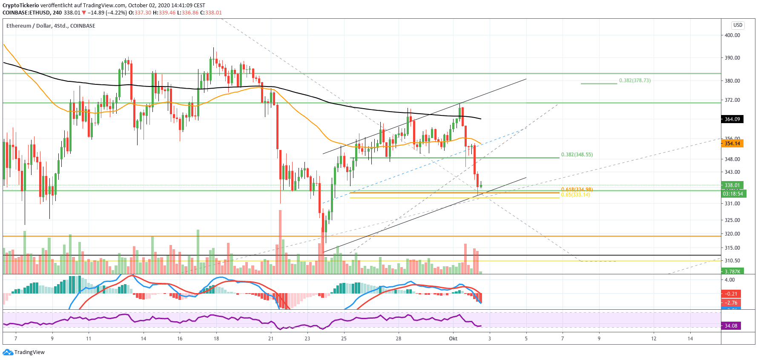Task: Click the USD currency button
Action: coord(738,25)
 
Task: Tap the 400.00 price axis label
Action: coord(732,35)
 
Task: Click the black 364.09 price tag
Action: coord(732,119)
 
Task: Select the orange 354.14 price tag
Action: coord(732,144)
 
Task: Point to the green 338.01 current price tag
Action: coord(732,185)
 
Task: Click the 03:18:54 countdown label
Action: coord(732,194)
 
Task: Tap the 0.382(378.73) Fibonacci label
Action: coord(635,81)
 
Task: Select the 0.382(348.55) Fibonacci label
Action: coord(577,155)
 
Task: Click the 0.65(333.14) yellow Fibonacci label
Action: coord(575,195)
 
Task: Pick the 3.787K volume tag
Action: coord(732,271)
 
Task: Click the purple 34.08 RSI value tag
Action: coord(731,326)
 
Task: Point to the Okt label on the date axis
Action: coord(453,339)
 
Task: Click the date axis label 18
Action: coord(216,339)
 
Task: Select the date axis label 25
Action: coord(344,339)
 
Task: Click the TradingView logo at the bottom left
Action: coord(24,352)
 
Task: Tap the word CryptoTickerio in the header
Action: coord(20,6)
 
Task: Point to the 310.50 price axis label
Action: coord(732,261)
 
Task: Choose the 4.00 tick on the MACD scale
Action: coord(729,280)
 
